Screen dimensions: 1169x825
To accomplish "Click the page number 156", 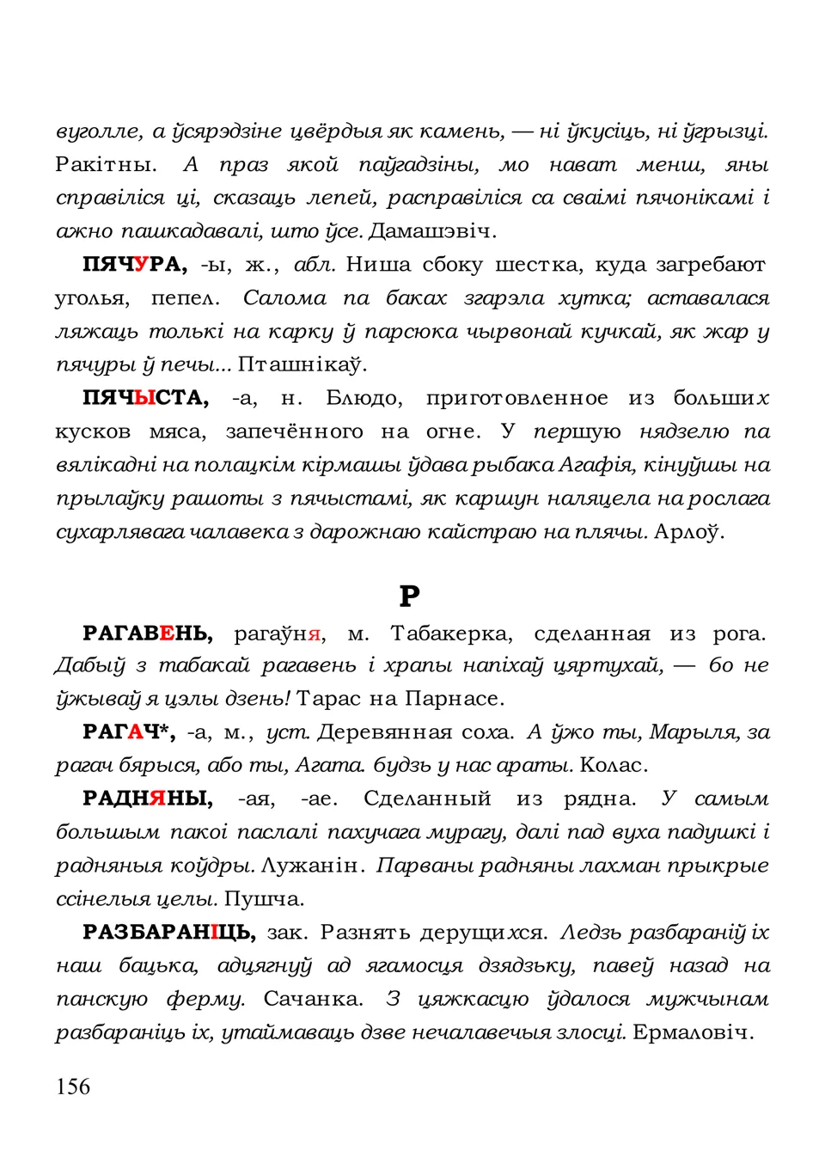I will point(73,1086).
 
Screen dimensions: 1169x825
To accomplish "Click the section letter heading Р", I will point(410,596).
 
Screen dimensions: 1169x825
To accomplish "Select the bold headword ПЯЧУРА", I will point(134,265).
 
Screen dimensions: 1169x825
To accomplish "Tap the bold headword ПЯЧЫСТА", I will point(145,398).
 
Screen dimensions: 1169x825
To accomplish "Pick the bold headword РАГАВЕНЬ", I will point(148,633).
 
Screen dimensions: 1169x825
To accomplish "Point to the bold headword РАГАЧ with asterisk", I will point(129,732).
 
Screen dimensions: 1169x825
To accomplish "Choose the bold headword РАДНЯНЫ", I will point(148,799).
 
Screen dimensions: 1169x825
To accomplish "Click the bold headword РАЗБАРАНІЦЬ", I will point(168,933).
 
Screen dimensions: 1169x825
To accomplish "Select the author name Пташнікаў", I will point(302,364).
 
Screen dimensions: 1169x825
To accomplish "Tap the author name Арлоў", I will point(689,532).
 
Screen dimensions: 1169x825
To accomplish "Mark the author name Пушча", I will point(265,899).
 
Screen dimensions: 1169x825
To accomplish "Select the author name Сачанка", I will point(313,999).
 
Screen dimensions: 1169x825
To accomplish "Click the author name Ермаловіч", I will point(693,1032).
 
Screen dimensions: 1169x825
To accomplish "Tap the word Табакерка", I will point(451,633).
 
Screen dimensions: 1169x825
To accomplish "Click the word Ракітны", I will point(106,164).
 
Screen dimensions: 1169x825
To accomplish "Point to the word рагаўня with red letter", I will point(279,634).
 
